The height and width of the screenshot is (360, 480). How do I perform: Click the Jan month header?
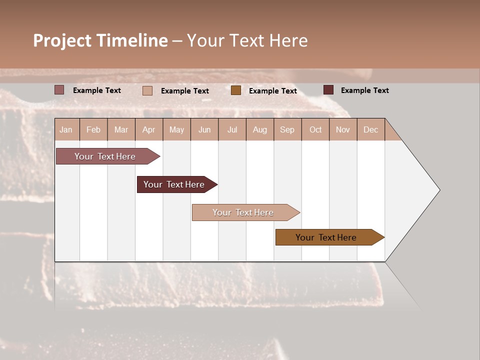pos(66,129)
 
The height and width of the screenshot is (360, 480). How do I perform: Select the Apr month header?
pos(148,129)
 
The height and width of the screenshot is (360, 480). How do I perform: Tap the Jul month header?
pos(232,129)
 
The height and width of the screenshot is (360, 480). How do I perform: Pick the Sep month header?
pos(287,129)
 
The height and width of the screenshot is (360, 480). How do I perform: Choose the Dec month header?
pos(370,129)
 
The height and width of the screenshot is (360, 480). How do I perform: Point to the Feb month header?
pos(93,129)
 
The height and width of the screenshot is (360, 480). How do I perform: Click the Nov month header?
pos(342,129)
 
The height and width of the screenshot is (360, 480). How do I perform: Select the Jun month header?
pos(204,129)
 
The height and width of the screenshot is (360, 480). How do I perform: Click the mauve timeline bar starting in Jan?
pos(105,156)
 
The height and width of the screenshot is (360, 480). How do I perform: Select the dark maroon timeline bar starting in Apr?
pos(174,184)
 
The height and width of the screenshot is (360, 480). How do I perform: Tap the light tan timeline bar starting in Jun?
pos(243,212)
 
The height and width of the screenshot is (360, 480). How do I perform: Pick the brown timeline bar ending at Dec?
pos(326,237)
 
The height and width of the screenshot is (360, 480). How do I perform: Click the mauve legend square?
pos(59,90)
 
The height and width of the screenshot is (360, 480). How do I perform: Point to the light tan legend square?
pos(147,90)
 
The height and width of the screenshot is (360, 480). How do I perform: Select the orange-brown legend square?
pos(235,90)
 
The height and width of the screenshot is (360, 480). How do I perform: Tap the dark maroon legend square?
pos(328,90)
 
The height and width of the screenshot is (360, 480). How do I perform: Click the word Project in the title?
pos(62,40)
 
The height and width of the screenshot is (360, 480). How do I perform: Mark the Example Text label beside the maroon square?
pos(364,90)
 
